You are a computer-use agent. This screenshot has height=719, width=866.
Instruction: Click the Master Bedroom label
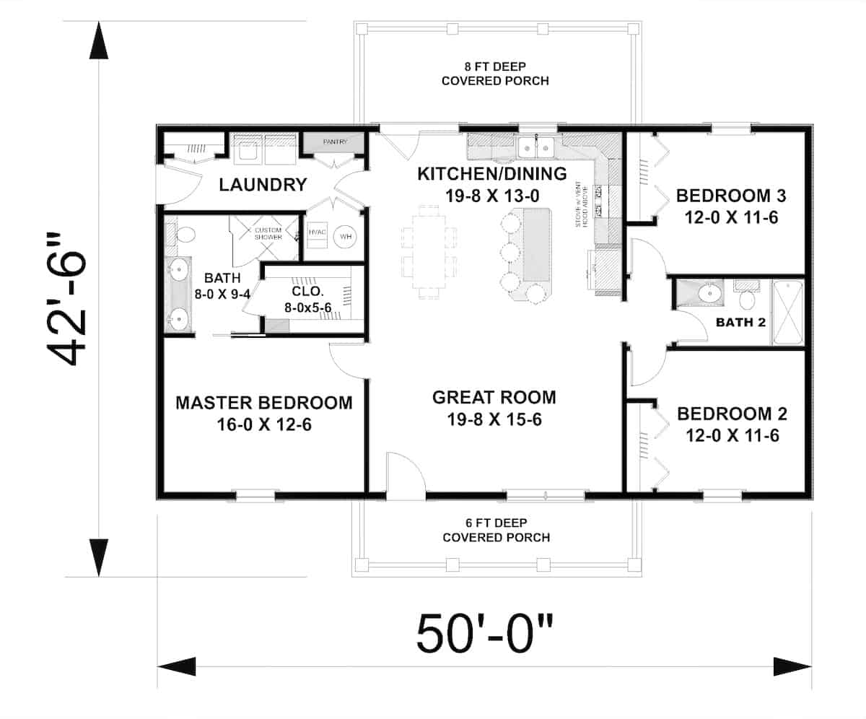(264, 402)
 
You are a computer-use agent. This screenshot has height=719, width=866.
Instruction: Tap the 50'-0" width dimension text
(484, 632)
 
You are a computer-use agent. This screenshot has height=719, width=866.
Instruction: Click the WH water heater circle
(344, 236)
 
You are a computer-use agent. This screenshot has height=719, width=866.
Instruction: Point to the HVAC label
(318, 232)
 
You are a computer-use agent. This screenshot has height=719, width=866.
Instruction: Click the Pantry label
(335, 142)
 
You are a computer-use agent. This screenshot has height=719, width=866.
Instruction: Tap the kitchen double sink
(535, 147)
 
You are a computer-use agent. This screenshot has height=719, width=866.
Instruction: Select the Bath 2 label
(740, 322)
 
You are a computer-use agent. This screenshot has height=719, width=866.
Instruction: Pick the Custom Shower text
(268, 233)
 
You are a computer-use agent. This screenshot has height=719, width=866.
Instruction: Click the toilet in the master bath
(185, 234)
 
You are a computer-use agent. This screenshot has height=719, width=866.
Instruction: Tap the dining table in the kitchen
(429, 250)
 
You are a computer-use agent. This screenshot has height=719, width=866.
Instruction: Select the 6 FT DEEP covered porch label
(496, 531)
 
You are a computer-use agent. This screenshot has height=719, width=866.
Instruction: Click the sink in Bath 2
(709, 293)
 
